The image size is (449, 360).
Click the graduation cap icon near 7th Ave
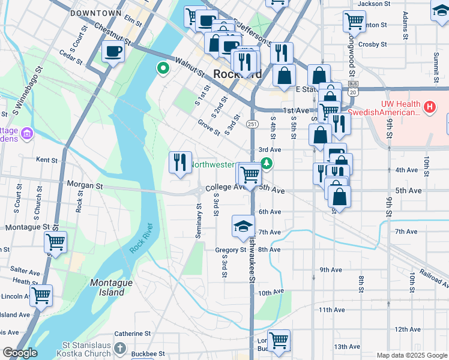coord(243,227)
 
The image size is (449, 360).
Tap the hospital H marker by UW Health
coord(429,107)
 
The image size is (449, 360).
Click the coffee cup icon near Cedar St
coord(113,52)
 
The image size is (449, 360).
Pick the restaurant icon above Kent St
coord(180,162)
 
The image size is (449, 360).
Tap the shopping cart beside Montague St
coord(55,243)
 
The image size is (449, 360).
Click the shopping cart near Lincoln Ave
coord(41,295)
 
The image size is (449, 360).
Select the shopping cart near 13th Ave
coord(279,341)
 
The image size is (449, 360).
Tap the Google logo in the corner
coord(20,352)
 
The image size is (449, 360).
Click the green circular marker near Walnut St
coord(161,68)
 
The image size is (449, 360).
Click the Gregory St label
coord(231,250)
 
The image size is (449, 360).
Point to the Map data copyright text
coord(411,355)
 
